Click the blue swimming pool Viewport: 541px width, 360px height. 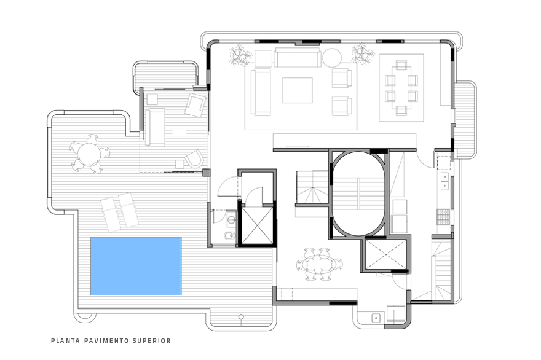click(x=136, y=265)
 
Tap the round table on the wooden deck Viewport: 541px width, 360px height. click(x=89, y=154)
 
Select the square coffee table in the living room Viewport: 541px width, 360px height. click(x=297, y=90)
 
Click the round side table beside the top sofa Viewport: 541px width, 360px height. click(x=331, y=57)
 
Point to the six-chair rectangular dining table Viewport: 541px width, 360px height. click(x=401, y=88)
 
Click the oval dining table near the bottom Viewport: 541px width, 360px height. click(x=318, y=265)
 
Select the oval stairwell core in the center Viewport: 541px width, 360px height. click(x=358, y=194)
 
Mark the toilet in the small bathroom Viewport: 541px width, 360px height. click(x=228, y=236)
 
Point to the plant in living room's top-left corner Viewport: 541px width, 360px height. click(x=240, y=55)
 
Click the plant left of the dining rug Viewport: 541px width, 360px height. click(x=363, y=54)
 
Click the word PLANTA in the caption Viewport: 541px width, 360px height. click(x=63, y=340)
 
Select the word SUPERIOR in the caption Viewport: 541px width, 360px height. click(x=153, y=340)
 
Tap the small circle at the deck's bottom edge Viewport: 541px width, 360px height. click(x=241, y=317)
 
